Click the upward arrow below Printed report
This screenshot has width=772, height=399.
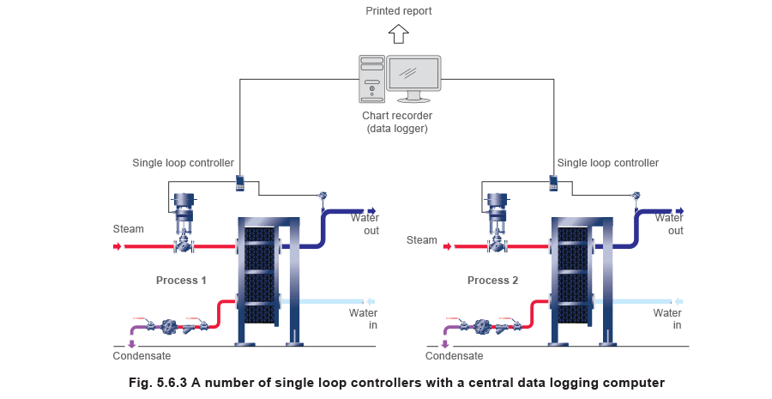point(398,33)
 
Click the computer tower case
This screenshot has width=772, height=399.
point(371,79)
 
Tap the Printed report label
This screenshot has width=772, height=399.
point(399,11)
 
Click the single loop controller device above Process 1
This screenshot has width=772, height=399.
point(240,181)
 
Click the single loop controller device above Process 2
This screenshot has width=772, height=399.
point(553,181)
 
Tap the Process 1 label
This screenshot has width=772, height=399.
point(181,281)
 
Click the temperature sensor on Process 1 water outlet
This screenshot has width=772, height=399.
point(323,196)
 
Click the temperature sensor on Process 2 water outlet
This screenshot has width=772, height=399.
point(636,196)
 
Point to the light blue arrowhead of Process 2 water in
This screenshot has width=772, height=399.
point(679,301)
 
